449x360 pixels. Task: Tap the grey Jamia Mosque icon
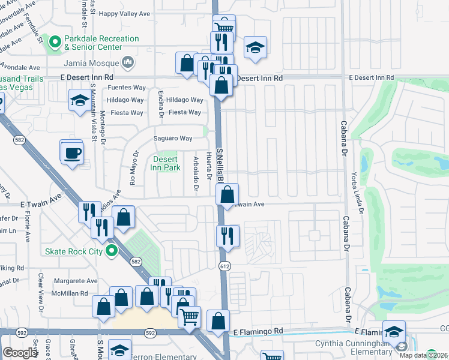click(127, 61)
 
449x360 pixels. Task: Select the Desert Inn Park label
click(166, 163)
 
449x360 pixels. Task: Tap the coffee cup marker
click(72, 153)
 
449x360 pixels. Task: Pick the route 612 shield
click(224, 265)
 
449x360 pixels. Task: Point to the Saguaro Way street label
click(173, 139)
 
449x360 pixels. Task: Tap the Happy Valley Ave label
click(125, 13)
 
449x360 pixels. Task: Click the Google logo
click(20, 353)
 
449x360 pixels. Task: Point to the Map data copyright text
click(425, 355)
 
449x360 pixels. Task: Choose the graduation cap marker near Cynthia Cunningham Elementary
click(394, 332)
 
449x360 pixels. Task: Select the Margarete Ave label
click(75, 281)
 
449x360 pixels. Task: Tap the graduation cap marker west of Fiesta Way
click(79, 101)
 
